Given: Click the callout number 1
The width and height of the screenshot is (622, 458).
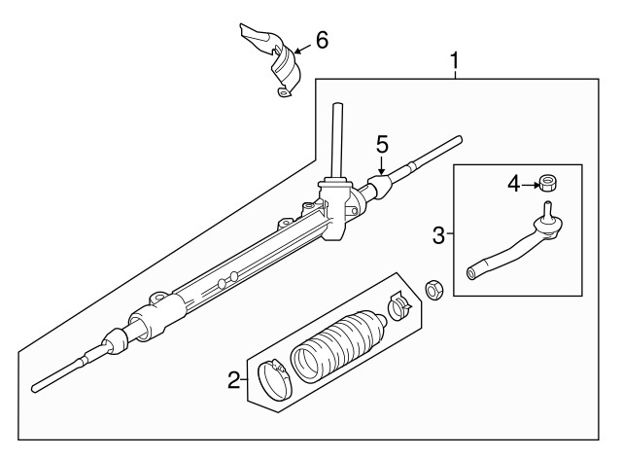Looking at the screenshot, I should point(453,63).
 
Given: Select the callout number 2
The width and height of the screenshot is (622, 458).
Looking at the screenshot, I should point(233,380).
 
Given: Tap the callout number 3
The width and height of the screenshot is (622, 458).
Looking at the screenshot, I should point(439,234).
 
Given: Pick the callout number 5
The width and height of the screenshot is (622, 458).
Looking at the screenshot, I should point(382,144).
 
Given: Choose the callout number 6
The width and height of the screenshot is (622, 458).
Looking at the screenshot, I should point(322,40).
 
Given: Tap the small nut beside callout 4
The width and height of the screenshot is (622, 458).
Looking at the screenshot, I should point(548,182).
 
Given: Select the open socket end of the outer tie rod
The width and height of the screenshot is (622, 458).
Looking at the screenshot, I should point(471,271).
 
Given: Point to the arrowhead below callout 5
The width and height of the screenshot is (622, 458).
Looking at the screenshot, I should point(382,171).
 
